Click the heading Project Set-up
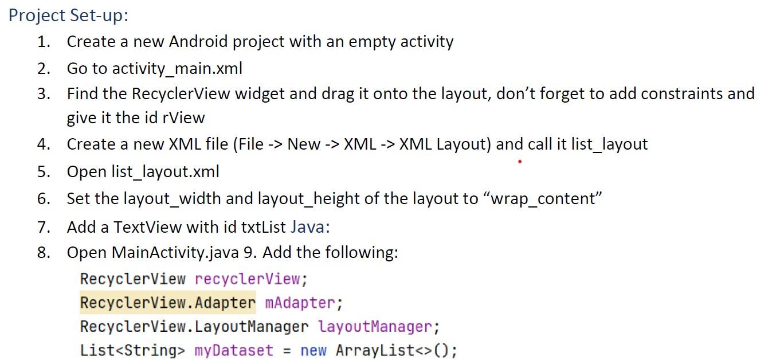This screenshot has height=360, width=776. coord(68,15)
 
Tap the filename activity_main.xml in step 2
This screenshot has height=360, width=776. coord(177,69)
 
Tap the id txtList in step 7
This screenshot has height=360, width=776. coord(264,227)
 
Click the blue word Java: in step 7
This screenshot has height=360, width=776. coord(310,227)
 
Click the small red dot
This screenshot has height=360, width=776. coord(519,162)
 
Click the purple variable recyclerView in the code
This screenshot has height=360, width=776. coord(248,279)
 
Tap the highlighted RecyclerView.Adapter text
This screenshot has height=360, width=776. coord(168,302)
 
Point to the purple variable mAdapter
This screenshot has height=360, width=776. coord(300,302)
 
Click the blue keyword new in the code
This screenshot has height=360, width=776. coord(313,350)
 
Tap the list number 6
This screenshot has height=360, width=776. coord(44,199)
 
